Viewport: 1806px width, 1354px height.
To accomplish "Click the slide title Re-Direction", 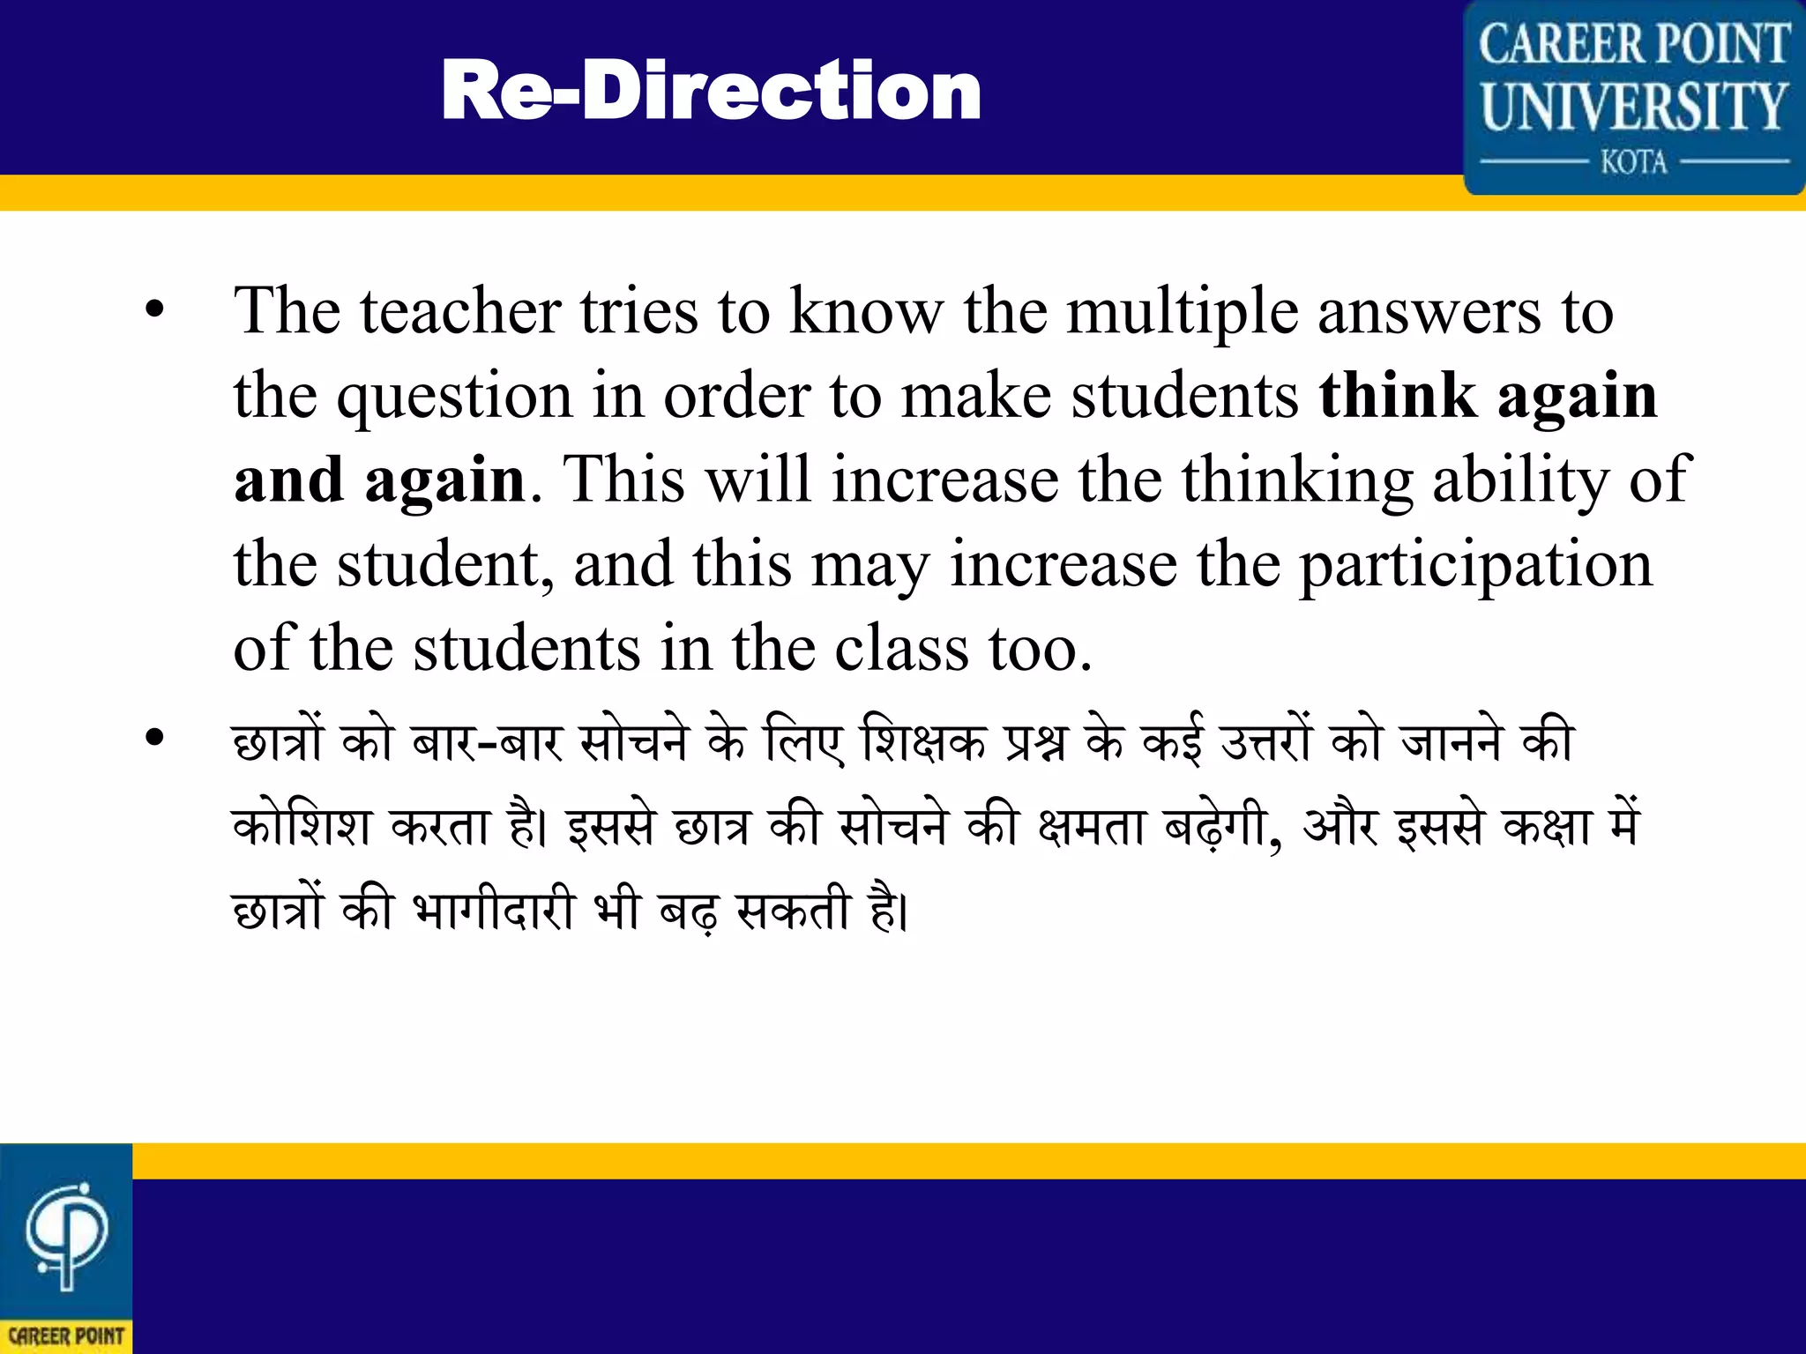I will (711, 91).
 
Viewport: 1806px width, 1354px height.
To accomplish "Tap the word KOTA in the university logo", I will (1634, 162).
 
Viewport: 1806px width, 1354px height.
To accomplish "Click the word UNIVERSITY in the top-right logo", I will (1634, 107).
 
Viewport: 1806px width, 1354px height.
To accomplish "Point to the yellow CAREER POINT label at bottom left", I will (66, 1335).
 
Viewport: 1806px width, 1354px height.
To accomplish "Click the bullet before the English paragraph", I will (155, 309).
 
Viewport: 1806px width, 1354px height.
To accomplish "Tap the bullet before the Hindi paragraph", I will (155, 738).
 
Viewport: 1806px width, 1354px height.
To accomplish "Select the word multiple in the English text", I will (1183, 313).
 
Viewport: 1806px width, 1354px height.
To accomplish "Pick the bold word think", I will (1397, 395).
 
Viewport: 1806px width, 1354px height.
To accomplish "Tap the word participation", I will (1476, 566).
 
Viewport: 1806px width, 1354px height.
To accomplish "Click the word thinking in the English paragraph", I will (1297, 481).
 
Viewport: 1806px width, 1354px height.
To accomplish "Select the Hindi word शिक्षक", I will (923, 740).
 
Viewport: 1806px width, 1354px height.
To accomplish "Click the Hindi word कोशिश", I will (301, 826).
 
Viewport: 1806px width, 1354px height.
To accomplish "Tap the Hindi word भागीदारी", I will (494, 910).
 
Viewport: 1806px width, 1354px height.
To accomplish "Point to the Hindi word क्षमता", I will (1090, 826).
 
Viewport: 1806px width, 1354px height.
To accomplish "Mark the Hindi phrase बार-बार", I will (487, 740).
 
